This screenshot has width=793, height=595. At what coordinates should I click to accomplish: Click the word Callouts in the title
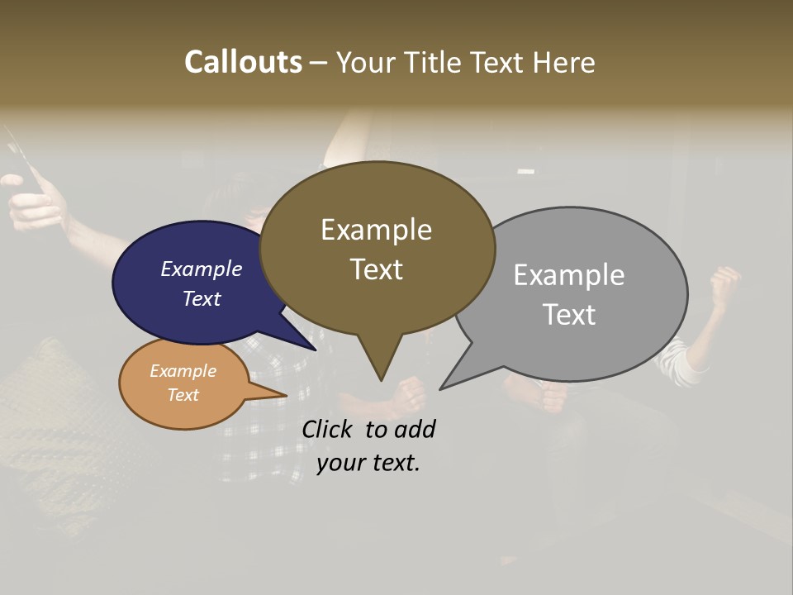[243, 62]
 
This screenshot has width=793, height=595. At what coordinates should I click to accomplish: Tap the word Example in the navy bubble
[202, 269]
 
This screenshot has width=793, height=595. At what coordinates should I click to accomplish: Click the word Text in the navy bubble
[202, 298]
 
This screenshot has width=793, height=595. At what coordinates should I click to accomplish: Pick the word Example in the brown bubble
[376, 230]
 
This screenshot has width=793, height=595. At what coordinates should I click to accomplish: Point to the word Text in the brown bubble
[376, 269]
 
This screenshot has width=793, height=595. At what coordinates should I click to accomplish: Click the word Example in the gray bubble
[569, 274]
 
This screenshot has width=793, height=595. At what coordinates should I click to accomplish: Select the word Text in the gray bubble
[569, 315]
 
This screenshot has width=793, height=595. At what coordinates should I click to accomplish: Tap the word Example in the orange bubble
[183, 371]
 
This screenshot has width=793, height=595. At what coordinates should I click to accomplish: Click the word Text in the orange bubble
[183, 395]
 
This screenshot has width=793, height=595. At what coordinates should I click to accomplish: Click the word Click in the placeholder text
[328, 429]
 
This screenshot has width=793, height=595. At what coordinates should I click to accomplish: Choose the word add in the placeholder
[415, 429]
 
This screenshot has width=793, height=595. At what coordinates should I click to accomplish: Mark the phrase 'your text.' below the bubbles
[368, 463]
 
